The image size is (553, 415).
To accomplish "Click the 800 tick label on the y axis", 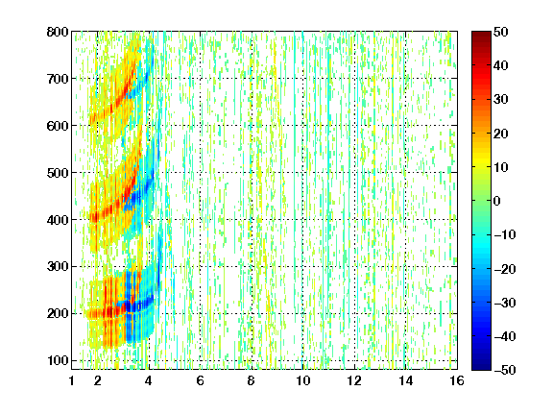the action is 58,32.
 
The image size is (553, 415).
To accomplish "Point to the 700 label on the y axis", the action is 58,79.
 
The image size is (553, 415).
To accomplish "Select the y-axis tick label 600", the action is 58,126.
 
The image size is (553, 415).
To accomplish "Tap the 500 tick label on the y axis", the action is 58,173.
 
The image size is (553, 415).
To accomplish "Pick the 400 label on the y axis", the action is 58,220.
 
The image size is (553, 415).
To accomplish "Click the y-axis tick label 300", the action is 58,267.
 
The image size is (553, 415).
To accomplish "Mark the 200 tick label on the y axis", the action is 58,314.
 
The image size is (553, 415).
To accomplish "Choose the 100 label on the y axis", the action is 58,360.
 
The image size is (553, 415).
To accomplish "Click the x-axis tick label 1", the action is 72,380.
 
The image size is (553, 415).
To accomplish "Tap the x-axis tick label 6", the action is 201,380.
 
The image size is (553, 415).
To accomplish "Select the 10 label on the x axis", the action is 303,380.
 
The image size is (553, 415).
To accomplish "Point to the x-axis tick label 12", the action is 354,380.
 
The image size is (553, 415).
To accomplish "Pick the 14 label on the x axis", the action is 406,380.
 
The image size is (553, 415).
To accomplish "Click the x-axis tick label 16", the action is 457,380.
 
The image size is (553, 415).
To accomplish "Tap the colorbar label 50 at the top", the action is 501,32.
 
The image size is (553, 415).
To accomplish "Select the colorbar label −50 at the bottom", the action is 505,370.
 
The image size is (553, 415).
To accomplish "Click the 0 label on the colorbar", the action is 497,201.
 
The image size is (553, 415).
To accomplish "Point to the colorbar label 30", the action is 501,100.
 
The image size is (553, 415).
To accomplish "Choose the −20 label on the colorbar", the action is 505,269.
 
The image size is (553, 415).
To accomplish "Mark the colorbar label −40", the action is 505,336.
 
